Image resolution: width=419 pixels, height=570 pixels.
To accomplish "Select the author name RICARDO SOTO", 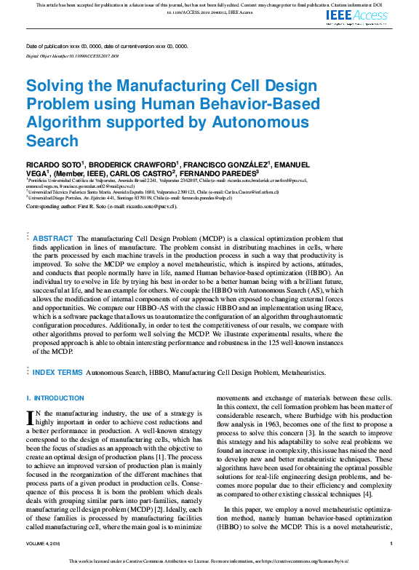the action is pos(53,165).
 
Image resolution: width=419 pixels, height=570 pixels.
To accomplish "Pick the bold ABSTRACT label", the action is pos(53,238).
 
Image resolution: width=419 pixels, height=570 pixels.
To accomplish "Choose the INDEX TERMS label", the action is pos(57,372).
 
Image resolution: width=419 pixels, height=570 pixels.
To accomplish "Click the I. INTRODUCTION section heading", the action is pos(55,398).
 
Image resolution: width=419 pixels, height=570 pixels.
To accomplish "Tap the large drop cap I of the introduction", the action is pos(30,416).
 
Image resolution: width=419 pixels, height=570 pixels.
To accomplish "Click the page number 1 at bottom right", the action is pos(391,543).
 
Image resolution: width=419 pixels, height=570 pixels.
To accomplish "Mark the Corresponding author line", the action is pos(101,206).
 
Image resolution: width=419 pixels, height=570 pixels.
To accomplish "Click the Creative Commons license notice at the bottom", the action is pos(209,561).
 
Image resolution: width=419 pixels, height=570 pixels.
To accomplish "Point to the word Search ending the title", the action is pos(51,140).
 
